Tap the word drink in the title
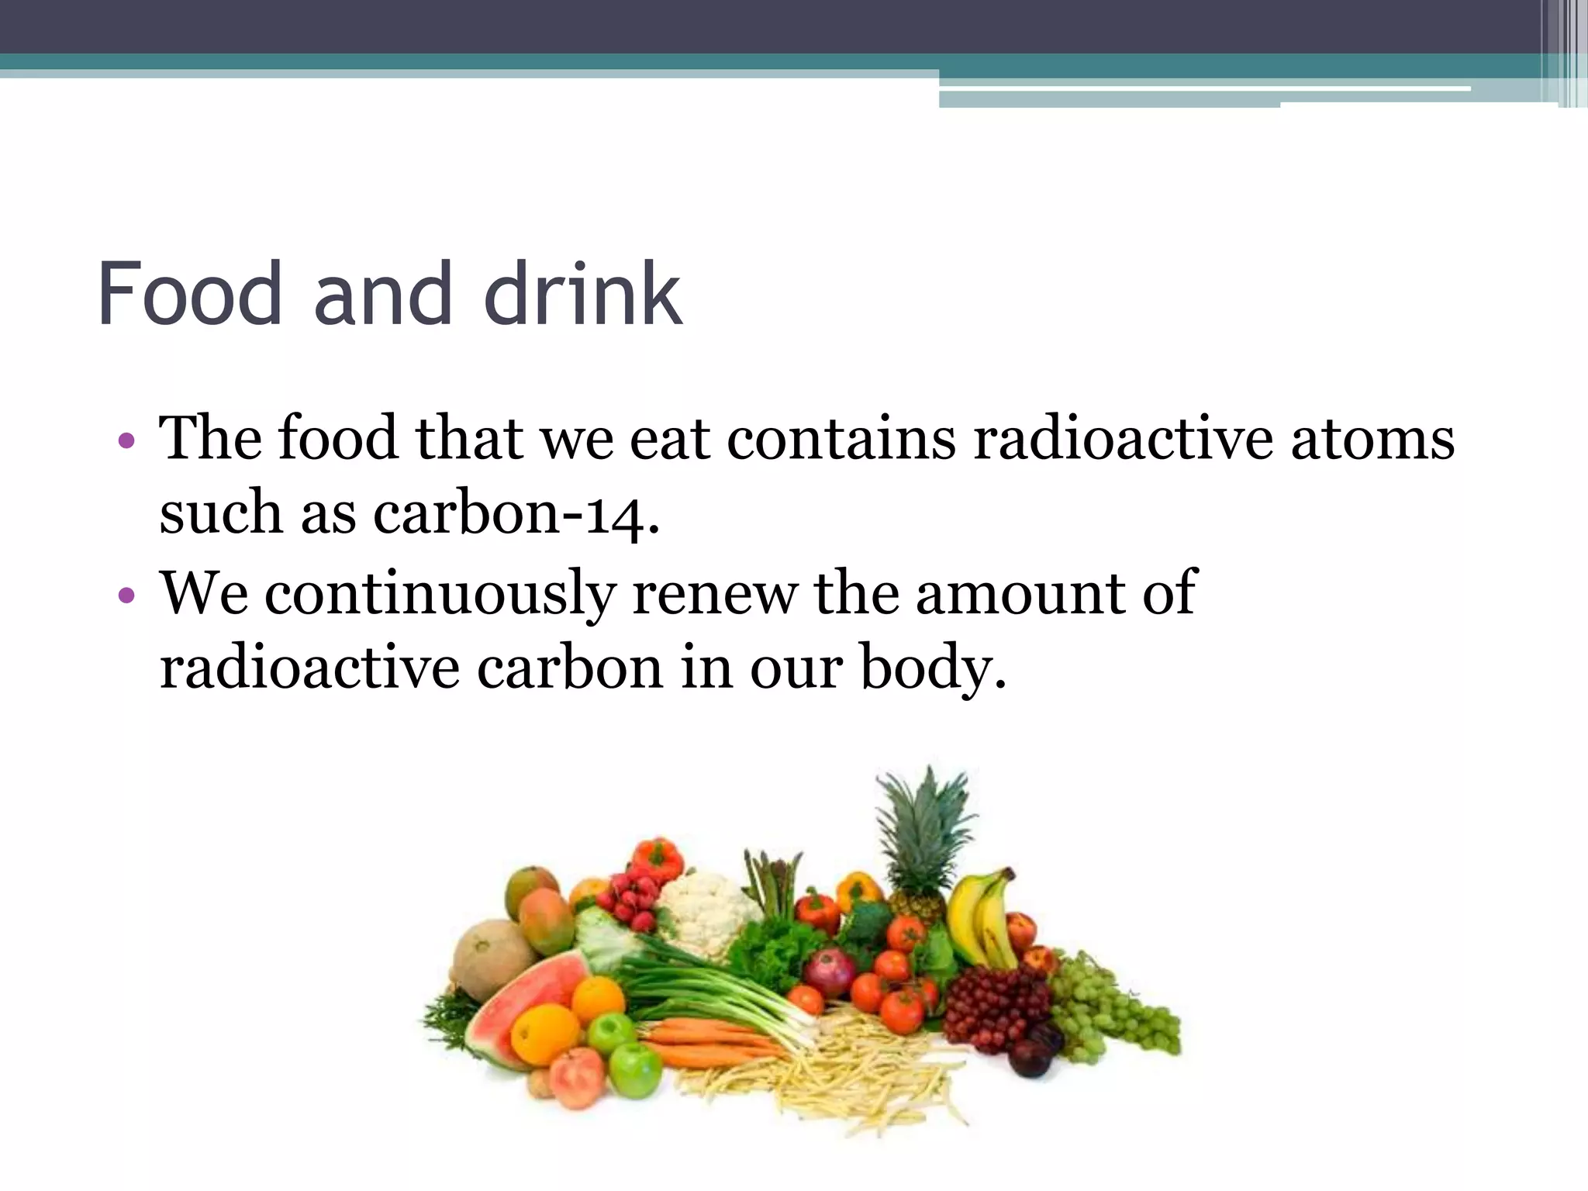coord(582,294)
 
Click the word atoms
coord(1372,438)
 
